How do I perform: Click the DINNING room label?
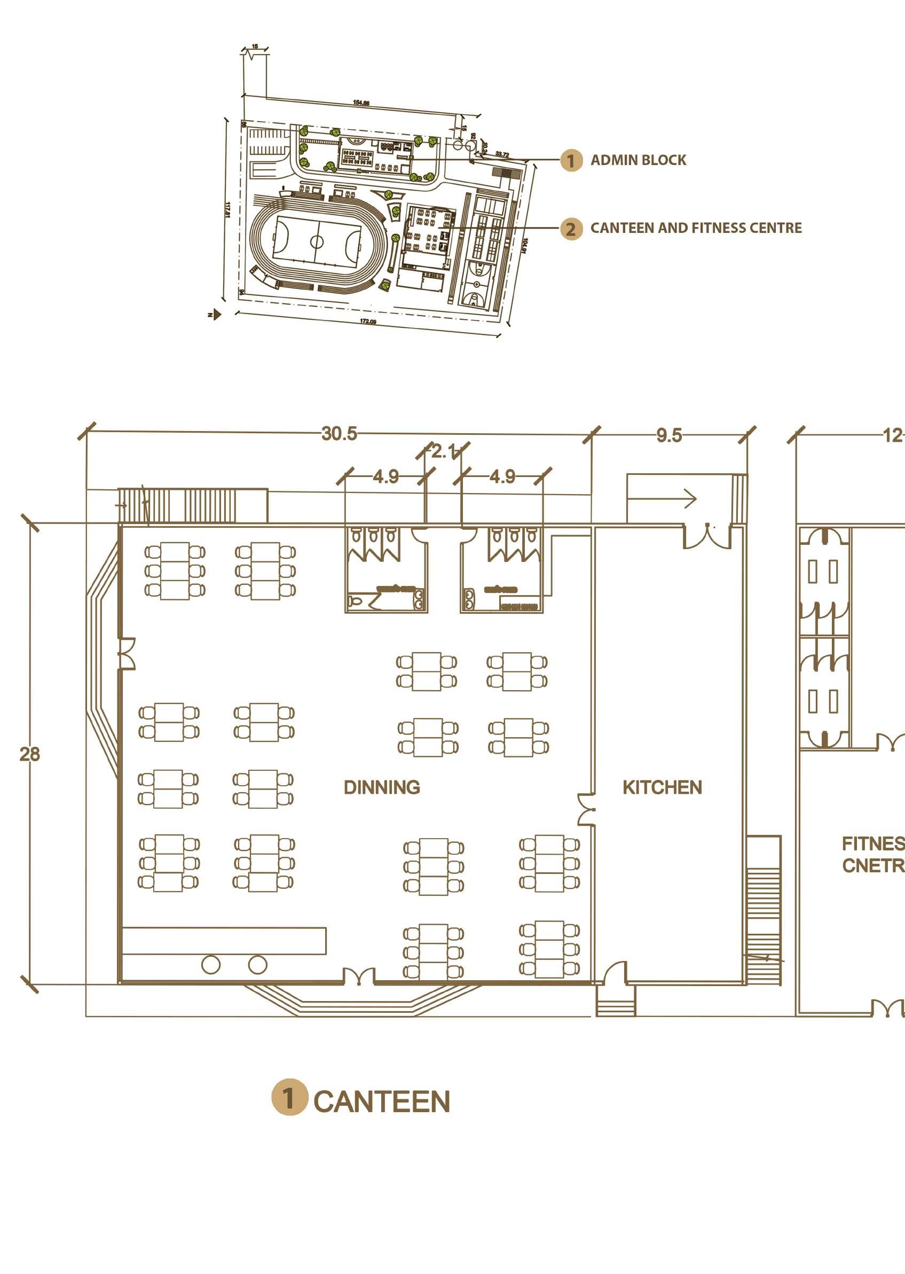point(382,787)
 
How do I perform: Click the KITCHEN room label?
point(662,787)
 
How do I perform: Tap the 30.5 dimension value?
point(339,433)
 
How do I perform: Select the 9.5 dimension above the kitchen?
point(668,435)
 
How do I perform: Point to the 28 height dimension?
point(29,754)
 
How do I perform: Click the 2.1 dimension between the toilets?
point(444,451)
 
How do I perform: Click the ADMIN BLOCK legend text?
point(638,160)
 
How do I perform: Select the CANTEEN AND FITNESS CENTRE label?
point(696,228)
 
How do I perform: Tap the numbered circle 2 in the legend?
point(571,229)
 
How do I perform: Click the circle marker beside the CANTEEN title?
point(289,1097)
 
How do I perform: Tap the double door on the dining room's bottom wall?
point(358,977)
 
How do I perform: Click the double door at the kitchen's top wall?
point(707,536)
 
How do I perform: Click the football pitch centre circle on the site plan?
point(317,241)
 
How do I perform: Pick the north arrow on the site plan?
point(215,315)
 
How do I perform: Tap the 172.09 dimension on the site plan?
point(368,322)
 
